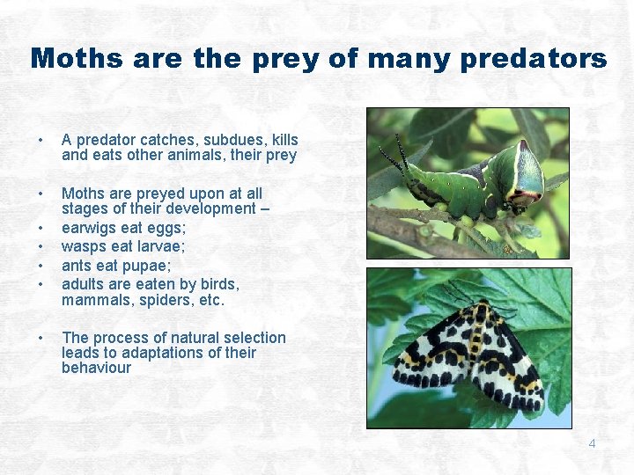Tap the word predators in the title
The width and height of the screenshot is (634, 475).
click(532, 59)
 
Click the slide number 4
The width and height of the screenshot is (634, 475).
click(592, 443)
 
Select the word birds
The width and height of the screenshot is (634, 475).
click(220, 284)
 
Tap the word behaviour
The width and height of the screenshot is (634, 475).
click(96, 368)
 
